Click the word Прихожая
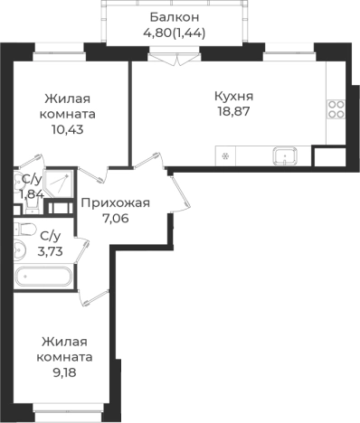[116, 202]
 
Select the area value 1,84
[31, 193]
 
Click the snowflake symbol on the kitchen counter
[224, 156]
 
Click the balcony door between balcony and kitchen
[163, 57]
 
